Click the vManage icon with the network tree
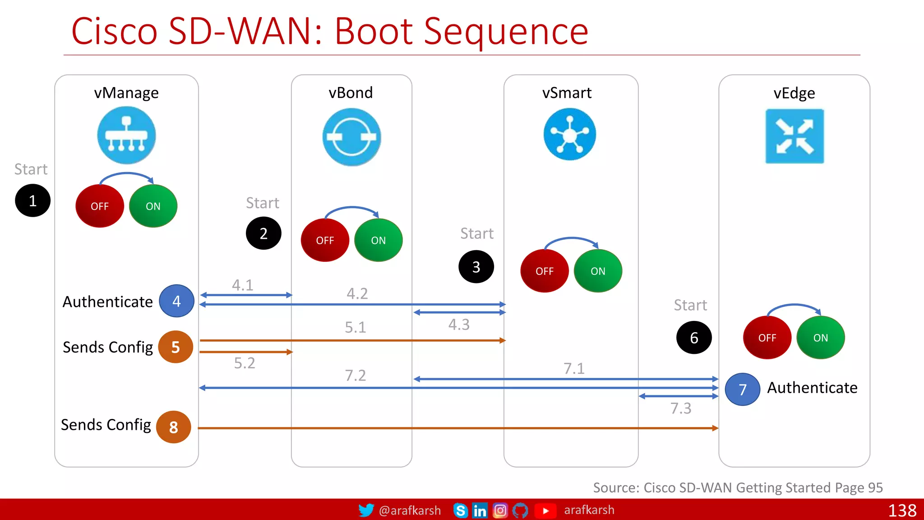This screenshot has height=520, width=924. coord(126,135)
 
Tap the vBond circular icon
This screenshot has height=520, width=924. coord(351,137)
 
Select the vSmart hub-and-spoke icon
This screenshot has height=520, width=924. coord(569,135)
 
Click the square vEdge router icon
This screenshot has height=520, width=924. coord(795,136)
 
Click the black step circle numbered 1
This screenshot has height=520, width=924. coord(32,200)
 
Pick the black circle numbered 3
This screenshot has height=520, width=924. coord(476,267)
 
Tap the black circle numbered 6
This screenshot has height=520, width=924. coord(694,338)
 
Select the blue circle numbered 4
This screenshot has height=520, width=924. coord(176,301)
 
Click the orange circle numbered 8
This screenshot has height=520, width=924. coord(174,427)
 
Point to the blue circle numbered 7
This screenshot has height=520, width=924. coord(743,389)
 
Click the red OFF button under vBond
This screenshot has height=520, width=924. coord(325,240)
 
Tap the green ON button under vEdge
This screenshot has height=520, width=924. coord(820,338)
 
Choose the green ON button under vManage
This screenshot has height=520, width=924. coord(153,206)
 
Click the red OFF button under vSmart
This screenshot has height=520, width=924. coord(544,271)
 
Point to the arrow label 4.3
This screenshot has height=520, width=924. coord(459,325)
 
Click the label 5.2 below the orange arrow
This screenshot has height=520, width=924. coord(245,363)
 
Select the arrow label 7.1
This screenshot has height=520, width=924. coord(574,368)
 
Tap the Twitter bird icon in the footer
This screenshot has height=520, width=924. coord(366,510)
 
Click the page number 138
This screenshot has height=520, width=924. coord(902,511)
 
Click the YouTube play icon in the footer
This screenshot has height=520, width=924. coord(545,511)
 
